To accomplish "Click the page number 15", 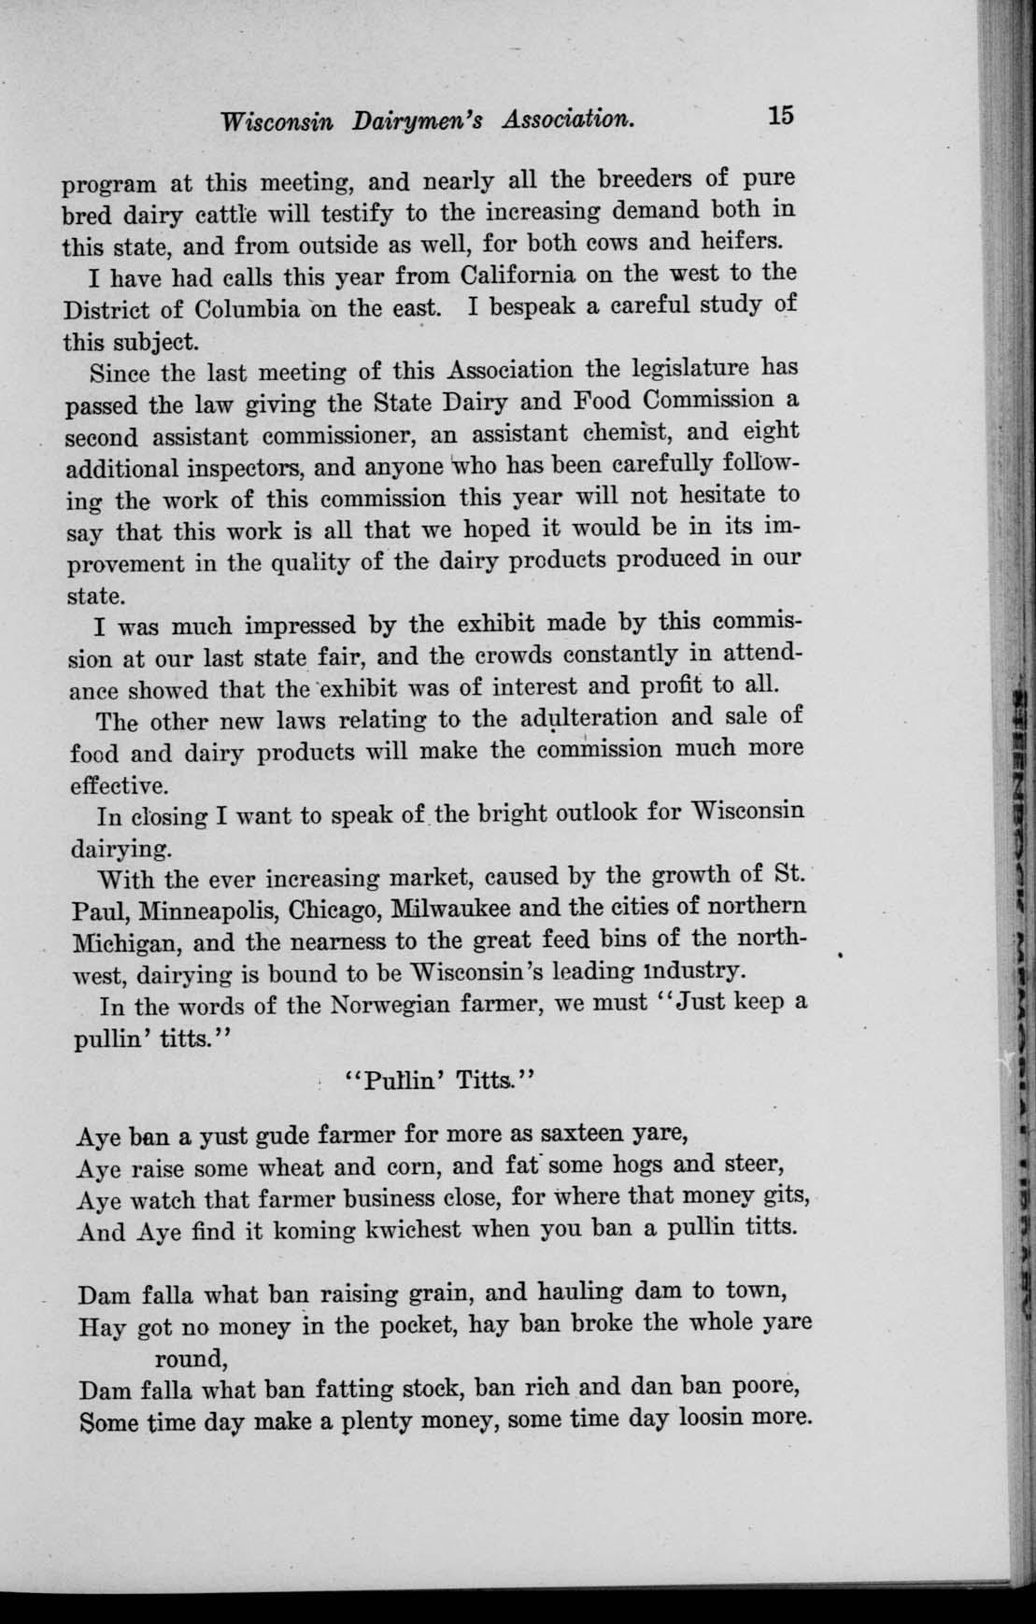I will (x=779, y=116).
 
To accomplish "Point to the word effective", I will (x=120, y=783).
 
